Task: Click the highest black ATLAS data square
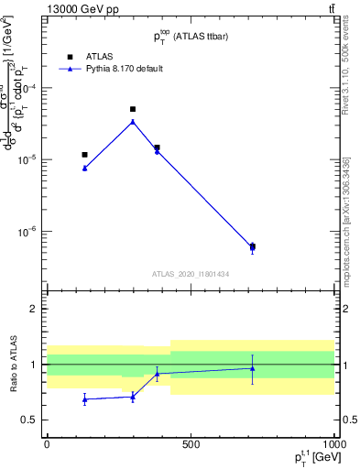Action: click(x=133, y=109)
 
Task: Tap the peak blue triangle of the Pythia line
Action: click(x=133, y=122)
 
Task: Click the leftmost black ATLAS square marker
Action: click(x=84, y=155)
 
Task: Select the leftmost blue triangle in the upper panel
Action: click(x=84, y=168)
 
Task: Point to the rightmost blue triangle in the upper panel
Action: click(x=253, y=247)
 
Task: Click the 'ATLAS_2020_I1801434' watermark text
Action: click(x=190, y=274)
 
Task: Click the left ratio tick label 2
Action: click(x=34, y=309)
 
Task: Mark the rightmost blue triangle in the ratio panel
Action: click(x=253, y=368)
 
